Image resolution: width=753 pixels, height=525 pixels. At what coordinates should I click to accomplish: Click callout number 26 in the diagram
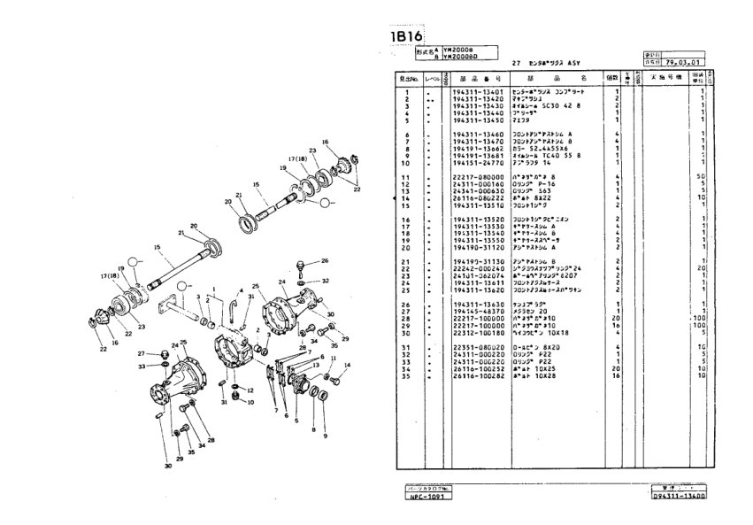point(325,261)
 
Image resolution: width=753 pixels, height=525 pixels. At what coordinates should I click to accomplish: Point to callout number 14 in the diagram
point(347,365)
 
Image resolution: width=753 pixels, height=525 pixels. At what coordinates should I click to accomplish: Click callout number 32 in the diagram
point(326,281)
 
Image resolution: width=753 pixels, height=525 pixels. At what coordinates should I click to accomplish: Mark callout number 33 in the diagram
point(142,366)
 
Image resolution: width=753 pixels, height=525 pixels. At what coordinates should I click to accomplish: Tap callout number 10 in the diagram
point(250,402)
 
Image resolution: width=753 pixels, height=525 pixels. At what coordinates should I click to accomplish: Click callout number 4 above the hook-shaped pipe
point(239,291)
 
